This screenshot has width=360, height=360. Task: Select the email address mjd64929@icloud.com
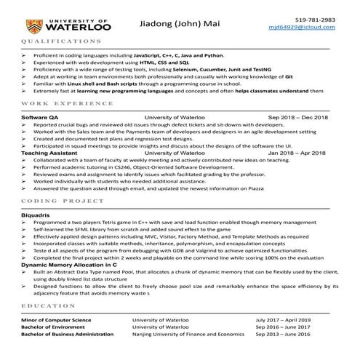[x=308, y=28]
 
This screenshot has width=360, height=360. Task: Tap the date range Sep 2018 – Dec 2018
[x=298, y=116]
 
